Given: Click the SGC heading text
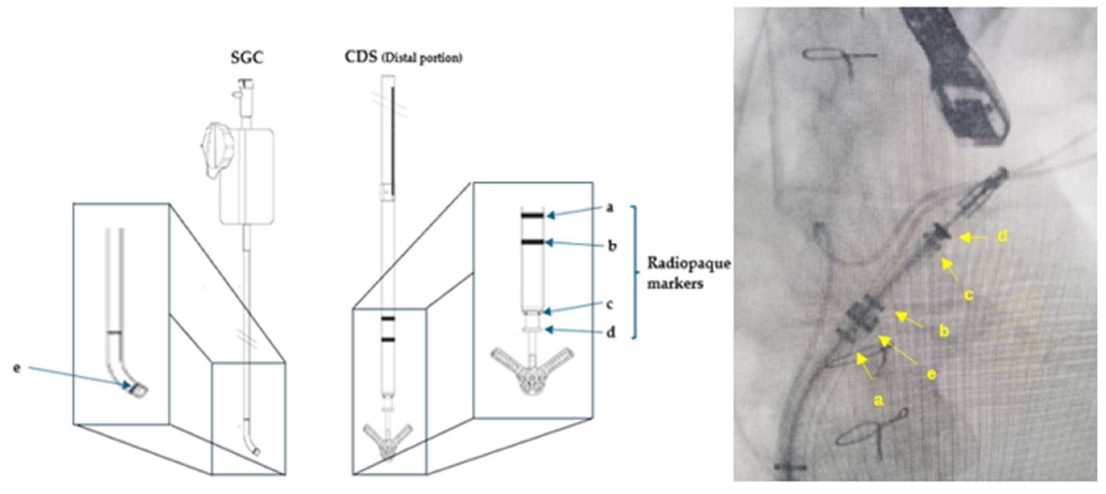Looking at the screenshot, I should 247,58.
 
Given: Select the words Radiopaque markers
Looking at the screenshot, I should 688,273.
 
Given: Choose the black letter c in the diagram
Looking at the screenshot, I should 609,304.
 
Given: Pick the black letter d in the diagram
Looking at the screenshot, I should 610,332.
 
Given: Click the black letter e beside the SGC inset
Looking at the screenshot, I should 17,368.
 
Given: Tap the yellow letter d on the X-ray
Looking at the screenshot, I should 1001,236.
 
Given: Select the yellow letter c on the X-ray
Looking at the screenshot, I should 968,295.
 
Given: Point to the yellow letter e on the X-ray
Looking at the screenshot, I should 930,374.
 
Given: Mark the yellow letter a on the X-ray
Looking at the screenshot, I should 879,401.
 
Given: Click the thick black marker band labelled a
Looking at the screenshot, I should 533,215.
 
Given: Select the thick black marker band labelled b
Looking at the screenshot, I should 533,242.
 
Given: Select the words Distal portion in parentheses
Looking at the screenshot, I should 422,59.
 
